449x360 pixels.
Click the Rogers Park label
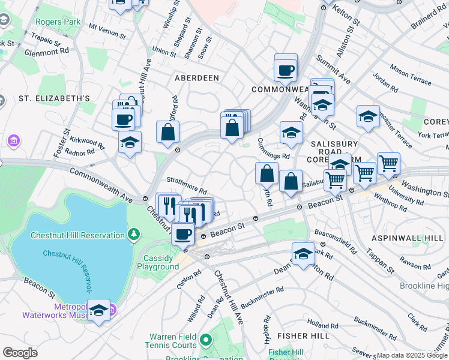coord(58,22)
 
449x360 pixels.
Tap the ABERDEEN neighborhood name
coord(194,78)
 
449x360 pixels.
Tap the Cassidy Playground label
coord(161,262)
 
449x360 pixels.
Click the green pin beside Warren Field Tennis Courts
coord(206,341)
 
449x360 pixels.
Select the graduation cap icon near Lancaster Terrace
coord(367,117)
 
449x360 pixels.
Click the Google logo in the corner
coord(20,353)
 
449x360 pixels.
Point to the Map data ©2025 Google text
coord(412,355)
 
